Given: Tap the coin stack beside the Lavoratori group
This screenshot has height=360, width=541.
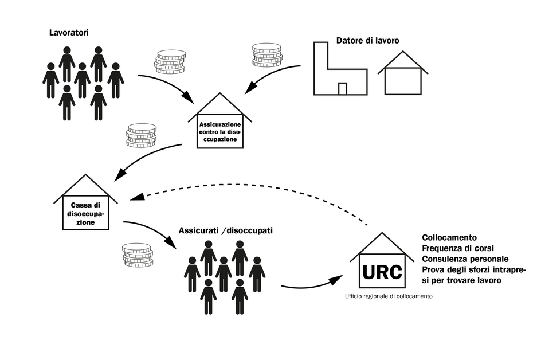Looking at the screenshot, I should [170, 62].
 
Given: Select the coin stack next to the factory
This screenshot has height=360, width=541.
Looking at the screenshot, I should [267, 56].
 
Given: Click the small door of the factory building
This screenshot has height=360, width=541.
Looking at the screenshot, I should [343, 89].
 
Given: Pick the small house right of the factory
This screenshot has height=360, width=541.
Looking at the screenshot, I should [403, 74].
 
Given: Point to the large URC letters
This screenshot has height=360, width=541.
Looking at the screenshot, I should [381, 272].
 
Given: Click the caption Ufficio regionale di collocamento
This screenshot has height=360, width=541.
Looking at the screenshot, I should [388, 296].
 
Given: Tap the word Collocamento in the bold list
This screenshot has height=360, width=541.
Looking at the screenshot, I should [449, 237].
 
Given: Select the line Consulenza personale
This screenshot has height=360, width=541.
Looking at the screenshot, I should [465, 259].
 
